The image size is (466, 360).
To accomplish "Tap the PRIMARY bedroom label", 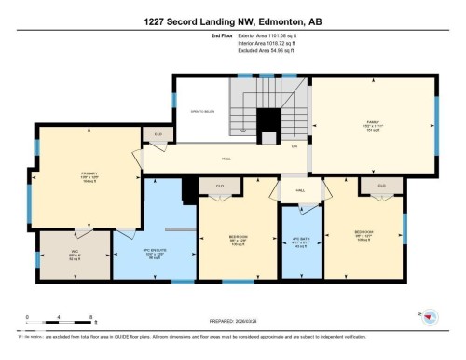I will click(89, 173).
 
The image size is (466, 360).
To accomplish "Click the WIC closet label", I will click(74, 256).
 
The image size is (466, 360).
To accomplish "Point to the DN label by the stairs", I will click(295, 146).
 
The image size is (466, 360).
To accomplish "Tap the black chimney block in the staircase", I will click(268, 120).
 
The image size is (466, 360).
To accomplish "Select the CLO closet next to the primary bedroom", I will click(158, 134).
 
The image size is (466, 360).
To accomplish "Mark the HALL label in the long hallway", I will click(226, 159).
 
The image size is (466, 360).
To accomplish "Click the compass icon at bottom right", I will click(431, 318).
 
